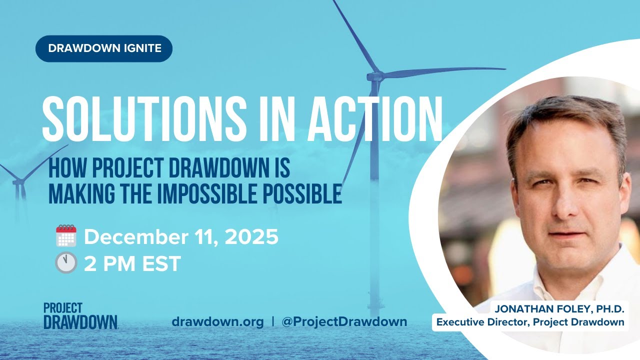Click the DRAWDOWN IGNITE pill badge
(x=104, y=48)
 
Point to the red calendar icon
(x=65, y=236)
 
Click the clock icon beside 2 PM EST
(x=65, y=263)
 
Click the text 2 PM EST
(x=132, y=263)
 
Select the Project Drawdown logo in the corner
(x=80, y=315)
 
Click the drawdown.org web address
(x=217, y=321)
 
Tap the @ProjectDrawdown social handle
(x=344, y=321)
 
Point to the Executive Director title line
(x=530, y=322)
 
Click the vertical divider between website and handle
(x=272, y=321)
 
